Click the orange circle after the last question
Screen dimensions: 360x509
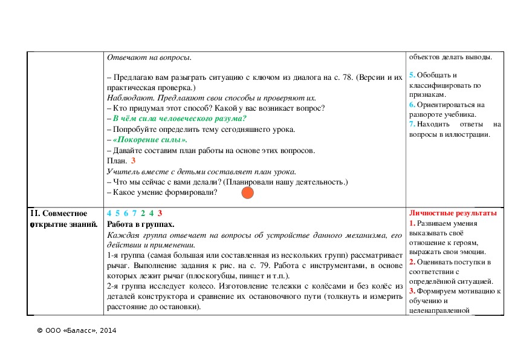tap(247, 193)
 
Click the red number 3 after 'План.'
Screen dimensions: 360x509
tap(133, 161)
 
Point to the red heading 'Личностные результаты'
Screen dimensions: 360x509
tap(453, 214)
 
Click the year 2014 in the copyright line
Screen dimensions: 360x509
tap(108, 331)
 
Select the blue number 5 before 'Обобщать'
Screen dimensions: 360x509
tap(412, 75)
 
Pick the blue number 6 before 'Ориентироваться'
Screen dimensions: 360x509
tap(412, 105)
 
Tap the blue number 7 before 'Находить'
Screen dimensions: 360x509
tap(412, 125)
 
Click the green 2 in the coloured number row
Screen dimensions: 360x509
tap(142, 214)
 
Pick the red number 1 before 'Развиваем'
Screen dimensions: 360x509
tap(412, 223)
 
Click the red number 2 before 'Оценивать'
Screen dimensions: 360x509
tap(412, 262)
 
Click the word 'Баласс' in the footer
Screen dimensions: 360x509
tap(78, 331)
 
